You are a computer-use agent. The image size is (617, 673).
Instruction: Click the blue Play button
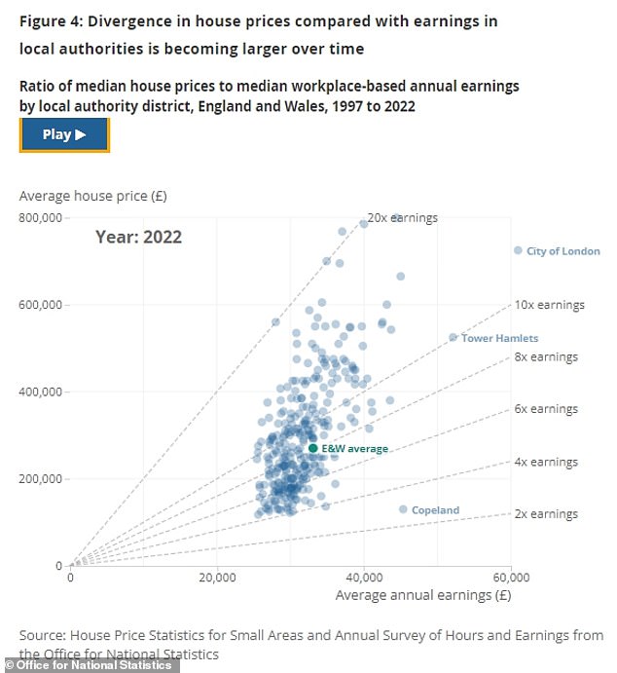(x=64, y=135)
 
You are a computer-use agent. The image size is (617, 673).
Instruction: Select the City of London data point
(x=518, y=250)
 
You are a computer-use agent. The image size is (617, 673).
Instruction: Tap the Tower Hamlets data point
(x=453, y=338)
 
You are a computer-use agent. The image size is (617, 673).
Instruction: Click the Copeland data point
(x=403, y=509)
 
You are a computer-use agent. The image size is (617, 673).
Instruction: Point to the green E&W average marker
(x=313, y=448)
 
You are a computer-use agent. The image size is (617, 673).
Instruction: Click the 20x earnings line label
(x=404, y=217)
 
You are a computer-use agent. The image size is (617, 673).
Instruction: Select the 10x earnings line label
(x=549, y=305)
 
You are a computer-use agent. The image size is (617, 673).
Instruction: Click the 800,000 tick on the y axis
(x=42, y=217)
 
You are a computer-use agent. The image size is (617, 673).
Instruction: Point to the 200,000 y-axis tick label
(x=42, y=478)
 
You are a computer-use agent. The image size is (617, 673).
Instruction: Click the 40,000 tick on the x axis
(x=364, y=577)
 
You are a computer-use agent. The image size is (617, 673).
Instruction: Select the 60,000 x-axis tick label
(x=510, y=577)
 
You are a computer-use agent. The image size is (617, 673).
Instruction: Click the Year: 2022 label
(x=138, y=236)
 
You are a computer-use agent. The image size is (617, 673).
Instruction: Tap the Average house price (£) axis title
(x=92, y=195)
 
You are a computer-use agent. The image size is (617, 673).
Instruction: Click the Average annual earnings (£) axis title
(x=424, y=593)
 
